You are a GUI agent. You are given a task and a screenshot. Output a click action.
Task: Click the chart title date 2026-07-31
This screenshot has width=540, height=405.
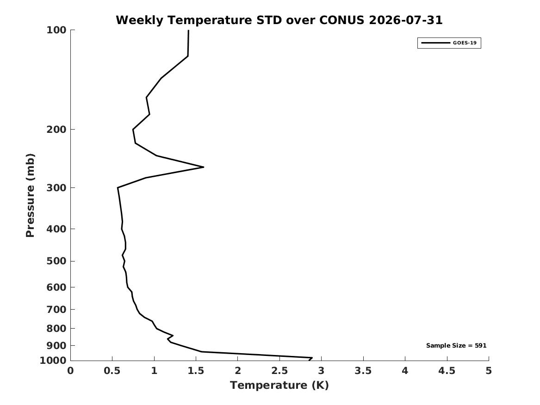pos(405,20)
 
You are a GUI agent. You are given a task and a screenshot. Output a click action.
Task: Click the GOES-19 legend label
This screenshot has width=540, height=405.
pos(465,43)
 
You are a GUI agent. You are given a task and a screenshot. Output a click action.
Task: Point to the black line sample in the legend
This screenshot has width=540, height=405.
pos(435,43)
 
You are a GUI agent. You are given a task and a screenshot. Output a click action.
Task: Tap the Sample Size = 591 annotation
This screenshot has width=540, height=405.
pos(456,345)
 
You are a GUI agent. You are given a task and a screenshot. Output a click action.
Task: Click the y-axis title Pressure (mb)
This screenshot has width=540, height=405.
pos(30,195)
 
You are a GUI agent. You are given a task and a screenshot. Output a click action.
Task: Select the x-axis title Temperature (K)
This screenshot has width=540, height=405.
pos(279,385)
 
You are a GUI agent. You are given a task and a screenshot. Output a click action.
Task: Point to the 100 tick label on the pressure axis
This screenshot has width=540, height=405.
pos(56,30)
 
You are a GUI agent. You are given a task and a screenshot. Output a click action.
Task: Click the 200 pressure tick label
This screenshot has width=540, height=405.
pos(56,130)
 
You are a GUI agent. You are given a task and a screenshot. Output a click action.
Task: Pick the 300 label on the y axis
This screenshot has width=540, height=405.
pos(56,188)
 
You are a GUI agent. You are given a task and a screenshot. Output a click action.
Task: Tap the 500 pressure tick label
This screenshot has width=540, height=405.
pos(56,261)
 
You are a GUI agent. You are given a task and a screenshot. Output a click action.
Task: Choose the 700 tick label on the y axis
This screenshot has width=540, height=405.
pos(56,309)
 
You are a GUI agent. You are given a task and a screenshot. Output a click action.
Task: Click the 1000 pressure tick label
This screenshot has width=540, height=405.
pos(53,361)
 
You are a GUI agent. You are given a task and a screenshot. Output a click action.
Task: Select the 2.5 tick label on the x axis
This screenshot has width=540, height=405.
pos(279,371)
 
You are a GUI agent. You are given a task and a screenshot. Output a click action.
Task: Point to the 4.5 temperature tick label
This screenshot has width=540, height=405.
pos(447,371)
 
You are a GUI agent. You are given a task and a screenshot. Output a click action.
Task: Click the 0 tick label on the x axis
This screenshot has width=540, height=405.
pos(70,371)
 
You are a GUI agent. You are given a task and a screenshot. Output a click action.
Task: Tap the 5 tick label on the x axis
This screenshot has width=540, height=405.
pos(489,371)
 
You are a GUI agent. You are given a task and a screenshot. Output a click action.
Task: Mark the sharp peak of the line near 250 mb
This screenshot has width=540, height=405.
pos(203,167)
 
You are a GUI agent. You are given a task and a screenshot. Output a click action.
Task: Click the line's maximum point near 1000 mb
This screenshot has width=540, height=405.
pos(312,358)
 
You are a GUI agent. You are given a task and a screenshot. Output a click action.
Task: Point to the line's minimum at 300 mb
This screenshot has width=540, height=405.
pos(118,188)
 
